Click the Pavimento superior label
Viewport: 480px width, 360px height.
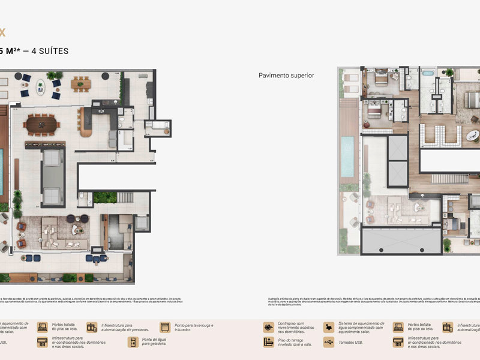pos(286,76)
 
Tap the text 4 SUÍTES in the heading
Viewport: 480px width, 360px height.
pos(48,51)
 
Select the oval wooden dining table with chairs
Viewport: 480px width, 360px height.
pos(41,125)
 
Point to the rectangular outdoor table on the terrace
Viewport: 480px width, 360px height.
pos(80,85)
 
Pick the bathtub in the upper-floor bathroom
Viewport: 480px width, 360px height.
pos(427,73)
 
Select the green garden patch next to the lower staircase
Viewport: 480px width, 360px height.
pos(104,197)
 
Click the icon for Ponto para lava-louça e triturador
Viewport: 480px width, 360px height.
pos(164,327)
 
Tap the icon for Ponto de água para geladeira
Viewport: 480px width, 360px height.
pos(133,342)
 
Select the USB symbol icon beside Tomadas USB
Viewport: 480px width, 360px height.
pos(328,342)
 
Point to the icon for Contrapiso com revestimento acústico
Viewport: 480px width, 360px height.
pos(268,327)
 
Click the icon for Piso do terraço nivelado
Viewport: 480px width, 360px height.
pos(268,342)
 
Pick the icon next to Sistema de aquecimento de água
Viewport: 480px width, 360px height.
pos(328,327)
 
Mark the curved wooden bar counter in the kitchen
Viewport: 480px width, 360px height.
pos(85,122)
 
